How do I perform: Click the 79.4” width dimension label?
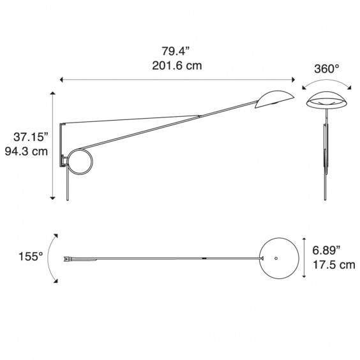(176, 51)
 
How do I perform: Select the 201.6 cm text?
(177, 66)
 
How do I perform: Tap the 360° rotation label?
(326, 69)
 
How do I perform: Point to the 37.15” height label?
(31, 137)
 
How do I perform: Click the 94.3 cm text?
(26, 151)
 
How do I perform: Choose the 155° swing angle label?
(31, 257)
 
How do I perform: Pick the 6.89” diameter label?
(326, 250)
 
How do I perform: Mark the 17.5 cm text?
(334, 265)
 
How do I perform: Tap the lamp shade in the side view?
(274, 99)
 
